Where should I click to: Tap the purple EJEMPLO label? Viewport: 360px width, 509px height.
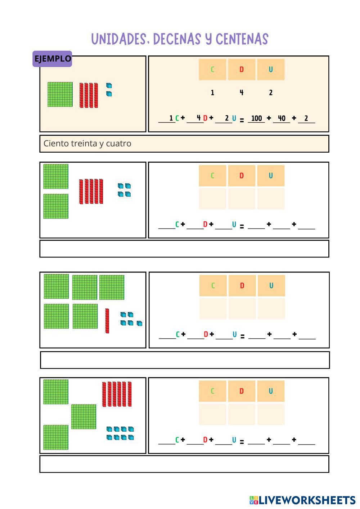[52, 59]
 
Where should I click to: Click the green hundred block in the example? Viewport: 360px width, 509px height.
[60, 94]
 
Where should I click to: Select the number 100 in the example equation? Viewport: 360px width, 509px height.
[256, 118]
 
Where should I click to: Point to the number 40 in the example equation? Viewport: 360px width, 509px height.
[282, 118]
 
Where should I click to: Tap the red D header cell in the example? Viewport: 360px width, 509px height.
[241, 69]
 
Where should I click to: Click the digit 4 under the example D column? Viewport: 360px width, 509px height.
[241, 93]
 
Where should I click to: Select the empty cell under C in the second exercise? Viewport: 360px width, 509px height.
[212, 198]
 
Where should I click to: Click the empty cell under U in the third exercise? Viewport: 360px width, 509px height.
[271, 308]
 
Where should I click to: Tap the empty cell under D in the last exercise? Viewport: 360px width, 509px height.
[241, 414]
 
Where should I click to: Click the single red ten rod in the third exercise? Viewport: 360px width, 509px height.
[107, 321]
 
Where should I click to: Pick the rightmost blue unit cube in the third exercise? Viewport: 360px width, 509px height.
[139, 323]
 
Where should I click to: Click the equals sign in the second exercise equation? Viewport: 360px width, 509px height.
[242, 227]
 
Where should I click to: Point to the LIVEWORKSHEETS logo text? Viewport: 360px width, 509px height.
[307, 500]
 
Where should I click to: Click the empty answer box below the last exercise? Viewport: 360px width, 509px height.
[184, 464]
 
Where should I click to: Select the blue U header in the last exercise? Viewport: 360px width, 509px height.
[270, 391]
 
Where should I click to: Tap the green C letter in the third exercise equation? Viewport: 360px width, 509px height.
[177, 334]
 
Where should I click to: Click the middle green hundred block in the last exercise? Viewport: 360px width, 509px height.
[84, 416]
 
